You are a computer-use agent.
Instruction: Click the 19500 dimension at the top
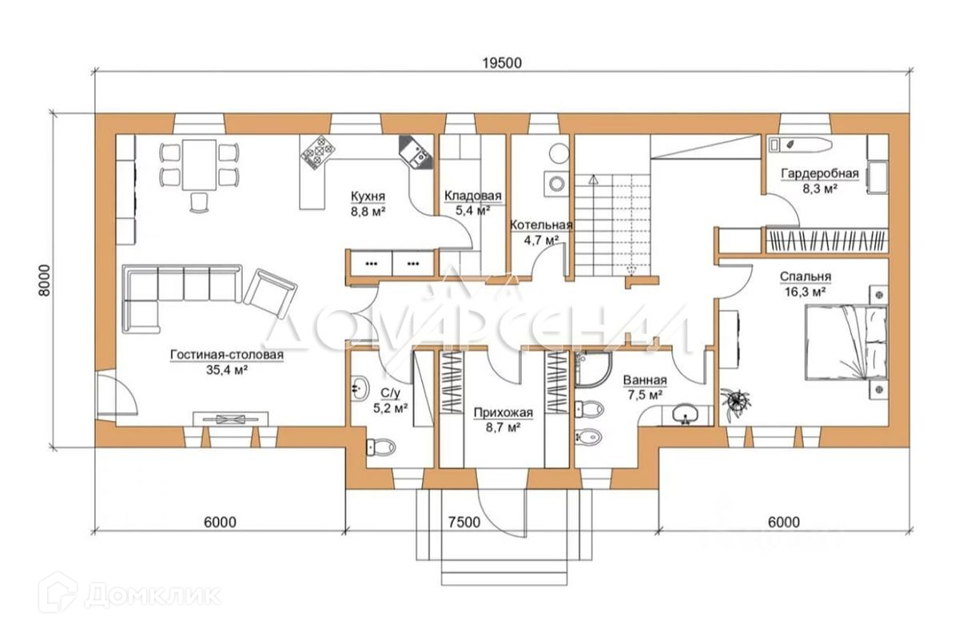pos(502,63)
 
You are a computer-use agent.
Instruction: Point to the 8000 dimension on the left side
pos(44,280)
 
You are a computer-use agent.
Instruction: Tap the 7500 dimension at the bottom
pos(464,523)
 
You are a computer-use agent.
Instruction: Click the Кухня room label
pos(368,196)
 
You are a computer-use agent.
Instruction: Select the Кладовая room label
pos(472,196)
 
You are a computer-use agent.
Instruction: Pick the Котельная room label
pos(541,225)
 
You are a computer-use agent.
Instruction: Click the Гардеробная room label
pos(820,173)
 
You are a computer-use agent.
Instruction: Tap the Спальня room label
pos(806,276)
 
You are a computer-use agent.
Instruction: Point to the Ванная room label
pos(645,380)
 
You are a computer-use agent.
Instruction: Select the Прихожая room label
pos(503,412)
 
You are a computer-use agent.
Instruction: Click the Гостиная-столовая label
pos(227,355)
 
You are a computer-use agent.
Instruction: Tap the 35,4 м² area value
pos(227,370)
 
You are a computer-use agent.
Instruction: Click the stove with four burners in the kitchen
pos(317,153)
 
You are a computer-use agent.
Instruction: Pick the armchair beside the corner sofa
pos(270,293)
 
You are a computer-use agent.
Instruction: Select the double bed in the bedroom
pos(846,343)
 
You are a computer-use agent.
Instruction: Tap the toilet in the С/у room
pos(380,447)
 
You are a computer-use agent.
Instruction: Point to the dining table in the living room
pos(199,165)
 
